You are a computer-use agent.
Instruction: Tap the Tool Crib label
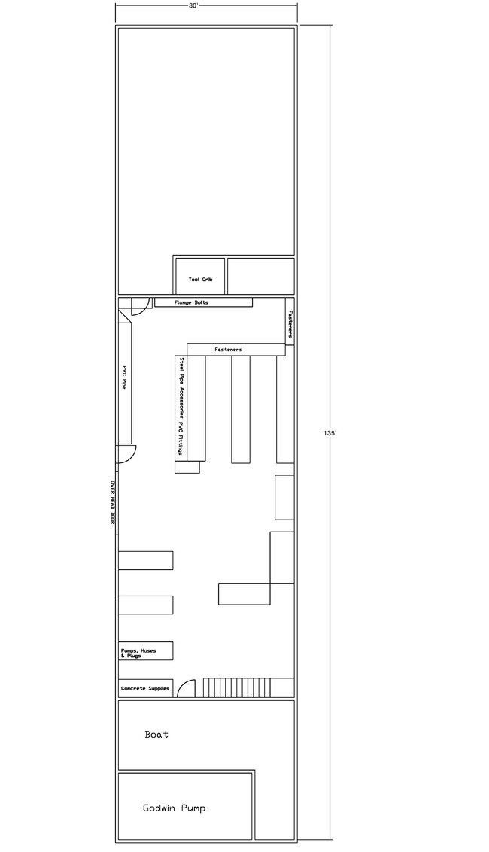[200, 279]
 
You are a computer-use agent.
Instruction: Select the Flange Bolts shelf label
[191, 302]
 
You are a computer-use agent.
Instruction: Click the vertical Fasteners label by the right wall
[290, 324]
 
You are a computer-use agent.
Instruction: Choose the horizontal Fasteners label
[228, 350]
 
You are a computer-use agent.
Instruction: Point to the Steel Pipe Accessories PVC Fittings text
[181, 406]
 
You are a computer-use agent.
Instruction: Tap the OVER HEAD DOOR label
[113, 502]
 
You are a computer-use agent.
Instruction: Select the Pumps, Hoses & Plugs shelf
[146, 651]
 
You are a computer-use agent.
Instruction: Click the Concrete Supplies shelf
[146, 688]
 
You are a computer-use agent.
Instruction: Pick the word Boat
[156, 735]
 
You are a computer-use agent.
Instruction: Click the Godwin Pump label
[175, 808]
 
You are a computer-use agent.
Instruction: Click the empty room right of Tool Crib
[261, 276]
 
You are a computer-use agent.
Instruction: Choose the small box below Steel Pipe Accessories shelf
[187, 467]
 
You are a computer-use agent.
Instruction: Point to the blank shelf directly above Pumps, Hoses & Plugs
[146, 605]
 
